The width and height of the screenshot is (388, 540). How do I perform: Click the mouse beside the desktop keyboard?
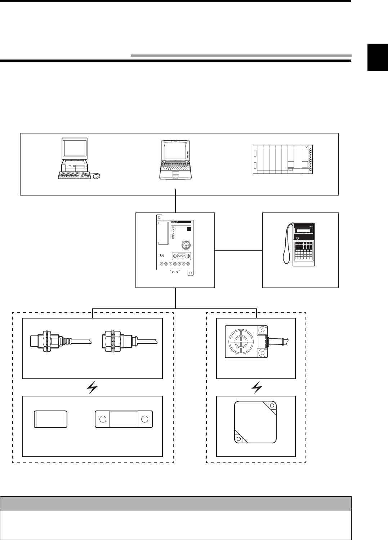(x=96, y=176)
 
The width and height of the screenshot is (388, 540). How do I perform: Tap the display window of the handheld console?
(x=302, y=231)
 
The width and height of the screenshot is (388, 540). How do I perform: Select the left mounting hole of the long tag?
(x=103, y=419)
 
